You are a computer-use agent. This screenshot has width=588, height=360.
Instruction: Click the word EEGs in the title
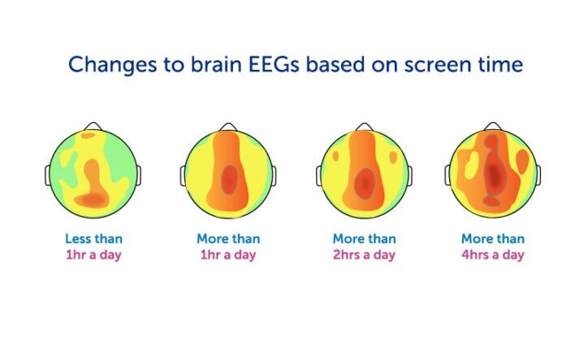(x=275, y=64)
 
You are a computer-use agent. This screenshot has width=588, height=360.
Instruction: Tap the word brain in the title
(x=216, y=64)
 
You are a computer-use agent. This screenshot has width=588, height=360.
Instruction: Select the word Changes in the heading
(x=113, y=64)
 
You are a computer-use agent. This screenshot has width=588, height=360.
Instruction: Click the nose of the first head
(x=93, y=126)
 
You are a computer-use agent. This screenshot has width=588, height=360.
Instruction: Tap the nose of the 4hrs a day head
(x=493, y=126)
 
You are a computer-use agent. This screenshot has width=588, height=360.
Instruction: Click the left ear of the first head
(x=48, y=176)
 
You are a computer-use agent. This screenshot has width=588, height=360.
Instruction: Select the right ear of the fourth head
(x=538, y=176)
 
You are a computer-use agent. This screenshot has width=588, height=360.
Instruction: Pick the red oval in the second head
(x=229, y=180)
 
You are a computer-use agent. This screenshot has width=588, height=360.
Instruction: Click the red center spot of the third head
(x=364, y=184)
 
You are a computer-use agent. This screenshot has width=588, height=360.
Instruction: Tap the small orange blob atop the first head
(x=89, y=135)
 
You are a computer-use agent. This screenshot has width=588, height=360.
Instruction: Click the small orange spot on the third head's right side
(x=392, y=158)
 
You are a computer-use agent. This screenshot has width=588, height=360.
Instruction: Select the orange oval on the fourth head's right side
(x=522, y=161)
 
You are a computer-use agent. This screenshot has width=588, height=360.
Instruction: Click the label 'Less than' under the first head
(x=93, y=239)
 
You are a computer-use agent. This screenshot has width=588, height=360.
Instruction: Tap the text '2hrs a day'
(x=364, y=255)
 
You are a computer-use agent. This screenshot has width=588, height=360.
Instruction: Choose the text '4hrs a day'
(x=493, y=255)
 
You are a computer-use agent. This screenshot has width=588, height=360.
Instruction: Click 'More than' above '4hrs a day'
(x=493, y=239)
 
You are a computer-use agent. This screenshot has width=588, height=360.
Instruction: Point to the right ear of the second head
(x=274, y=176)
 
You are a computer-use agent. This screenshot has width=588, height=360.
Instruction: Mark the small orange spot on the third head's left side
(x=335, y=156)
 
